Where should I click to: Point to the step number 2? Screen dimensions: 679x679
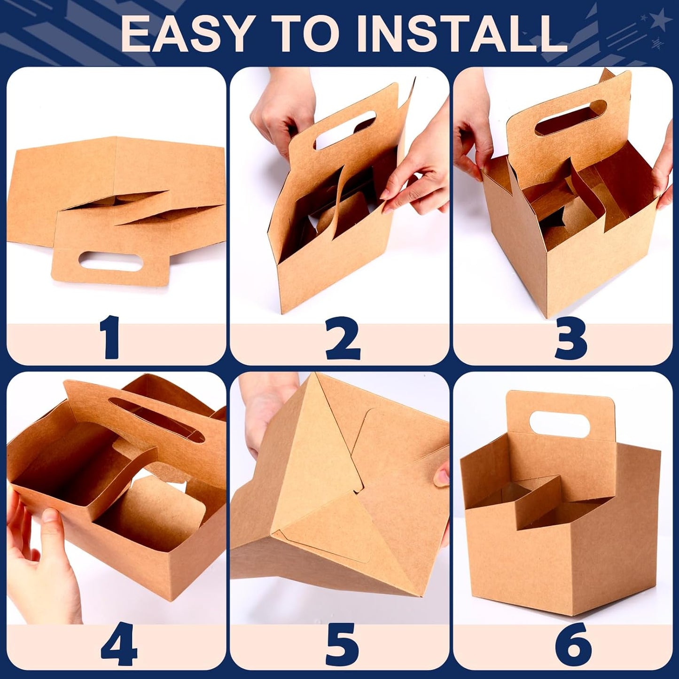[343, 337]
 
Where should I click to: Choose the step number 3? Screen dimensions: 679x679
[571, 337]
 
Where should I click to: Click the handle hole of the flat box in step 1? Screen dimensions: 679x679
[110, 262]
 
